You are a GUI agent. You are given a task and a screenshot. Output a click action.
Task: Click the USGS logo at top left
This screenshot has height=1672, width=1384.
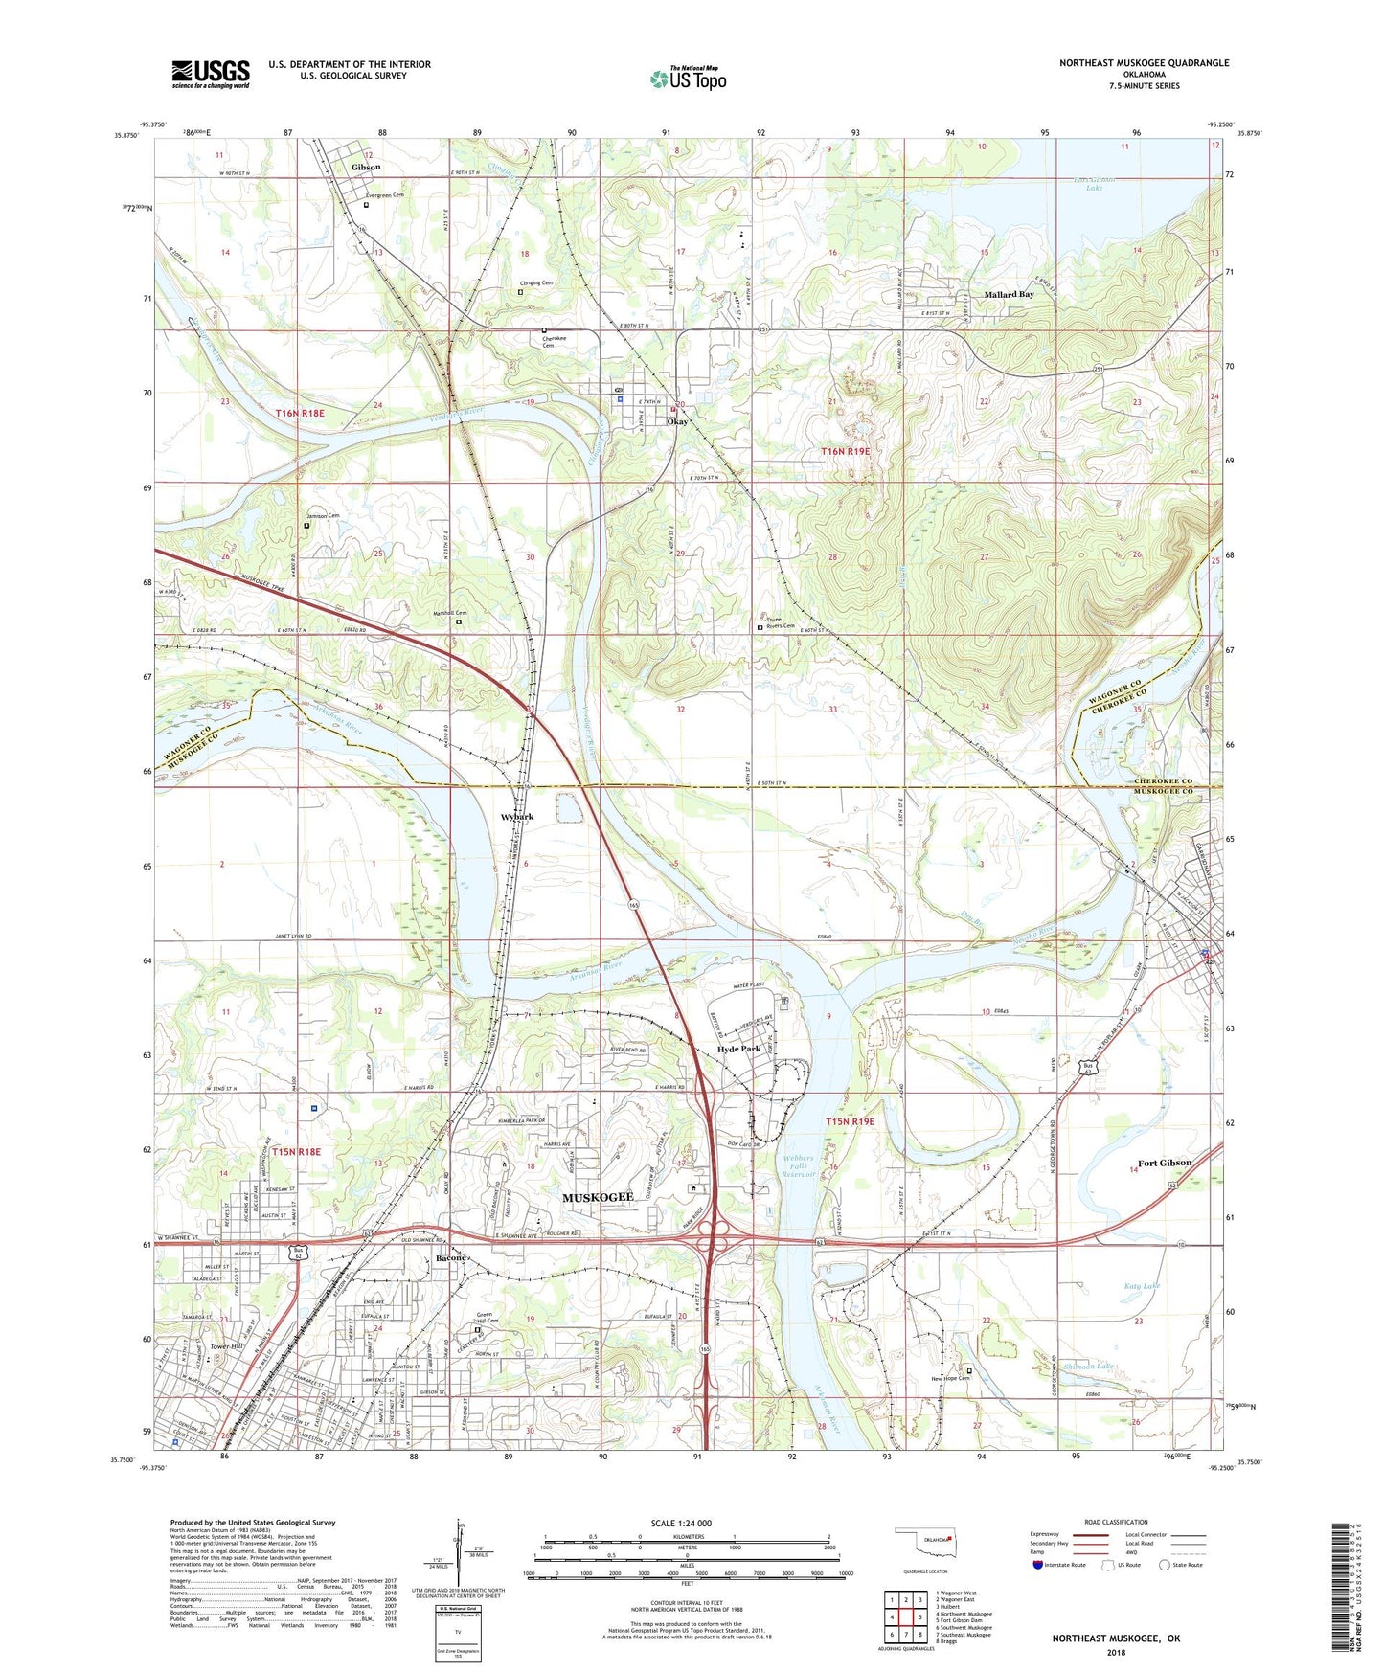211,74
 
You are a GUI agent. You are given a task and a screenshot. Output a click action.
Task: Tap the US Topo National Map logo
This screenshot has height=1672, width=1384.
688,79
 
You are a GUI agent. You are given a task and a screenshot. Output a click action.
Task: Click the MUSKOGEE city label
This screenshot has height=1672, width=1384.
598,1198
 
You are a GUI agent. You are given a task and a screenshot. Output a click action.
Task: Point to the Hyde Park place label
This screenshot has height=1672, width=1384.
738,1049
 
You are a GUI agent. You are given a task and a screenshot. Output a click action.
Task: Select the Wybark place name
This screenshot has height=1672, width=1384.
517,817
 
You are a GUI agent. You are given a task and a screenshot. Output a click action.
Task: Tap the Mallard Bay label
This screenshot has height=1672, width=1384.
1009,295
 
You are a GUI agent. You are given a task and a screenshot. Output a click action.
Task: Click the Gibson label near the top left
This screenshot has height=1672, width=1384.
366,168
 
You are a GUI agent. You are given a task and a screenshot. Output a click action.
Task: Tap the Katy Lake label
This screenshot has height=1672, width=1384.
1142,1286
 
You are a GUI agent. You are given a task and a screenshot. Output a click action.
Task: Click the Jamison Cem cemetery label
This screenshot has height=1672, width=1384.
323,516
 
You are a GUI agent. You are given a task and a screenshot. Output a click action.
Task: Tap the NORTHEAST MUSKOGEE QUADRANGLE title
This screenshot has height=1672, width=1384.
1144,63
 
